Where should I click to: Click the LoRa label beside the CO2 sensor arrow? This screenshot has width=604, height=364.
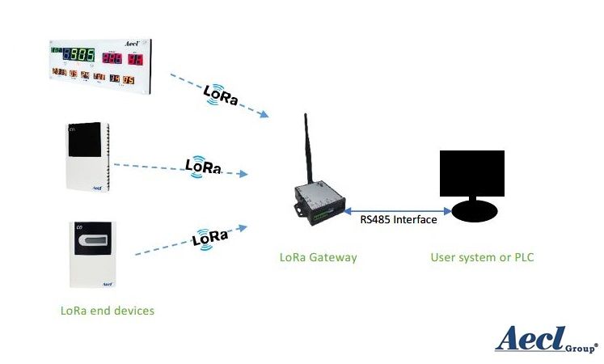(x=203, y=166)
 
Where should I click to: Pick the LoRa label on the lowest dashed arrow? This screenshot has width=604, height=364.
(x=210, y=239)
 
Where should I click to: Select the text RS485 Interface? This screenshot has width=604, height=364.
(x=397, y=219)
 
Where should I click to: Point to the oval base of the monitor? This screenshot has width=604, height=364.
(x=475, y=212)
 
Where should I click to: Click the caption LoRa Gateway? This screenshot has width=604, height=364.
(x=318, y=257)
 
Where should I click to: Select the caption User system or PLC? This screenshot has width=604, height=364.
(x=482, y=257)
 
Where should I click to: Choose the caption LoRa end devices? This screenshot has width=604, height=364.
(x=107, y=310)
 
